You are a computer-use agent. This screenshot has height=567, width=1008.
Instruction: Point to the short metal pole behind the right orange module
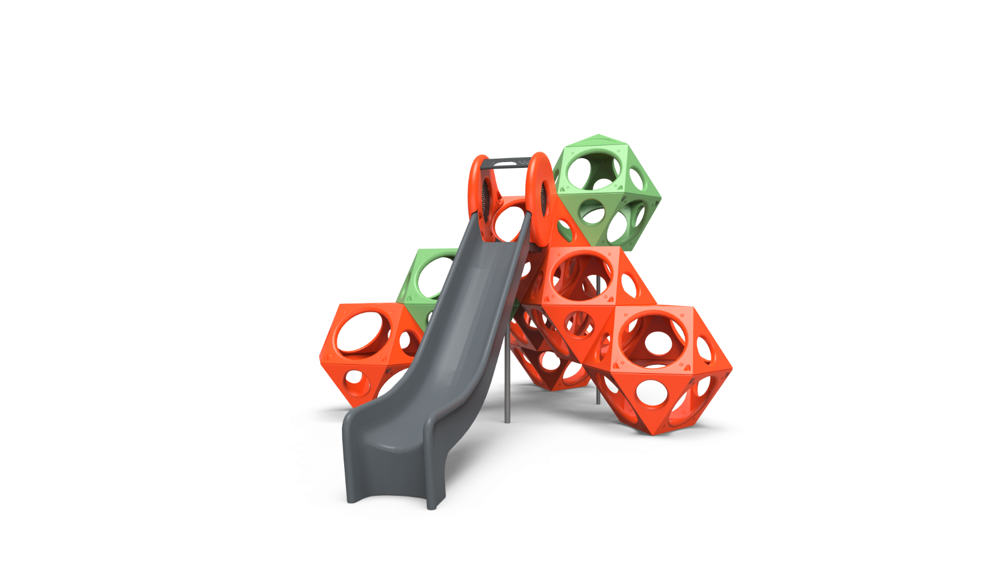pos(598,395)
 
